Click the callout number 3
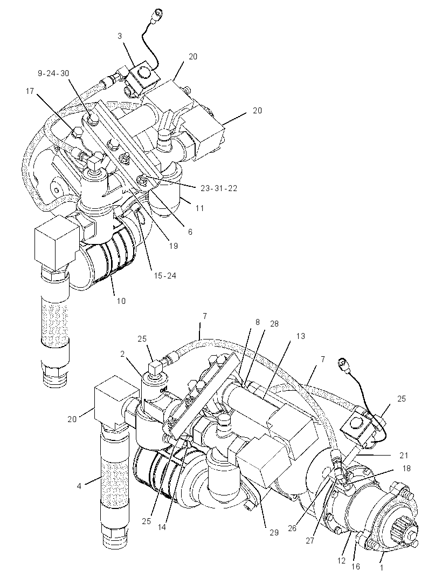(120, 36)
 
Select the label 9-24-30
(53, 73)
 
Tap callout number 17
(30, 91)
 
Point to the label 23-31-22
(219, 188)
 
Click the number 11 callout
(199, 208)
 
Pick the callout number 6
(190, 232)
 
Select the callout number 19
(174, 246)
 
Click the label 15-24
(165, 275)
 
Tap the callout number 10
(121, 301)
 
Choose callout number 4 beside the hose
(79, 486)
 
